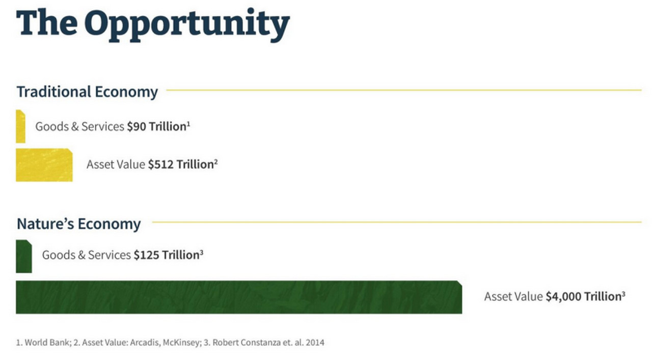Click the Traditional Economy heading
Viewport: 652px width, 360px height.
click(x=87, y=92)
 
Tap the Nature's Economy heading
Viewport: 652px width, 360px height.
click(x=78, y=224)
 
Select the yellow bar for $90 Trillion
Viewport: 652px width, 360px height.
click(x=20, y=126)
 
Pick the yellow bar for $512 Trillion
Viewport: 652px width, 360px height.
click(x=44, y=165)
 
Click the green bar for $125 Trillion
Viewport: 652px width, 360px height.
click(x=23, y=256)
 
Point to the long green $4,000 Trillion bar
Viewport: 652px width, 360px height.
click(x=238, y=297)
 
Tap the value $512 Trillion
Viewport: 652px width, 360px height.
click(x=181, y=164)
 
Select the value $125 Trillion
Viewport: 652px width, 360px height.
click(x=167, y=255)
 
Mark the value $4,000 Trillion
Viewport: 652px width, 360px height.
click(x=584, y=297)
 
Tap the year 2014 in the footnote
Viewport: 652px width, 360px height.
click(x=315, y=343)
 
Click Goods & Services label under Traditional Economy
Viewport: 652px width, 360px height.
click(x=80, y=127)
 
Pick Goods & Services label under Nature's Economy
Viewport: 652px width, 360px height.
click(x=87, y=255)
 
